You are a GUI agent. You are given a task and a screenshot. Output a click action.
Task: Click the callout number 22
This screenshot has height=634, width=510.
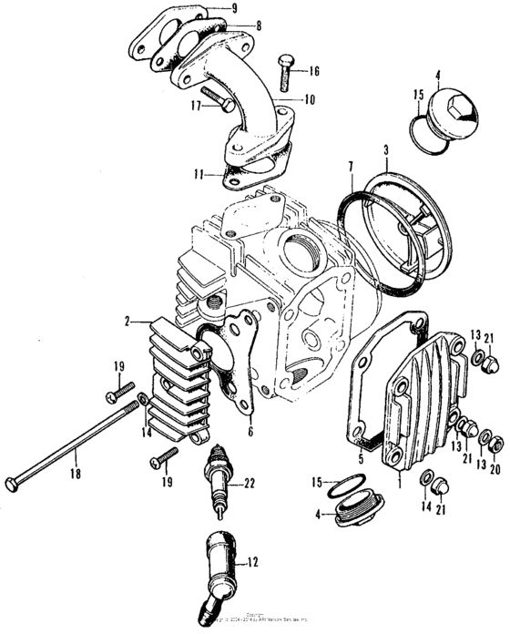(x=248, y=483)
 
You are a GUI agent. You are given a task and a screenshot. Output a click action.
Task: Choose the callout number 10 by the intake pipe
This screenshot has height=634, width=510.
(x=311, y=99)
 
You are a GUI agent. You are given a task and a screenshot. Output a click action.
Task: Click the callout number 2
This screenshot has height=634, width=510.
(x=129, y=322)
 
